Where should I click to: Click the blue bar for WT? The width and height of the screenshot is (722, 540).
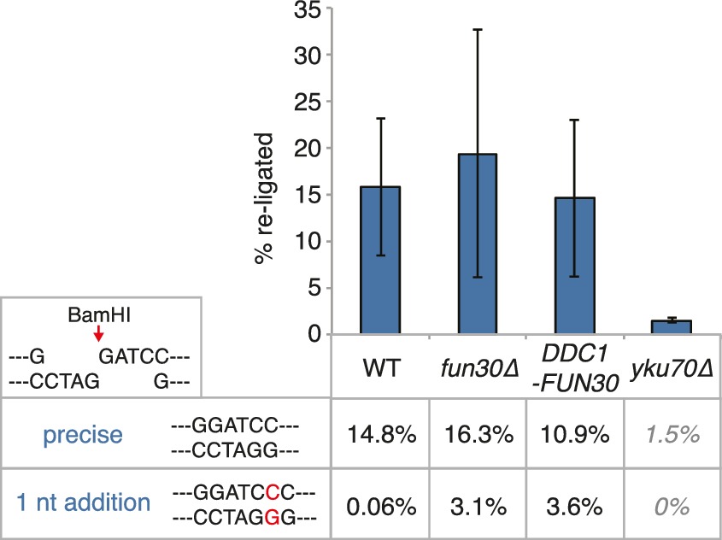click(380, 260)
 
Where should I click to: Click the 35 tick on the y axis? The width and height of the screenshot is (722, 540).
click(308, 10)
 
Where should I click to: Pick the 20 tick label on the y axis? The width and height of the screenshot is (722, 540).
click(308, 149)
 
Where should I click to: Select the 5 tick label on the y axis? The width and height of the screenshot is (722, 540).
click(314, 288)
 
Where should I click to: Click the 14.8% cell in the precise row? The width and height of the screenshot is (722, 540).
click(381, 437)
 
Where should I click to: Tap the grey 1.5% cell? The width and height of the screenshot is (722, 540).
click(671, 437)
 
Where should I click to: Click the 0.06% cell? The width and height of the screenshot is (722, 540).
click(381, 506)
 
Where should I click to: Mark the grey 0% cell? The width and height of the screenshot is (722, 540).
click(671, 506)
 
